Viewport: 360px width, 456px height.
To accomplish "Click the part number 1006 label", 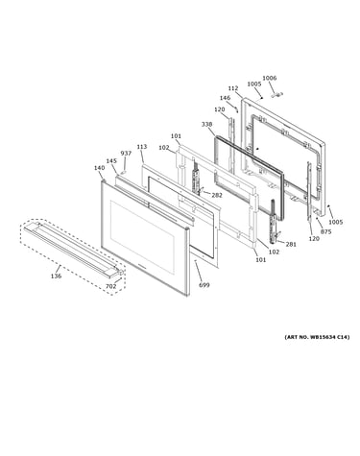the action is (269, 78).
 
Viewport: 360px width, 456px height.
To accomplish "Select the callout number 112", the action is (233, 88).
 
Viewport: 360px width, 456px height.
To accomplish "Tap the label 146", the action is (225, 98).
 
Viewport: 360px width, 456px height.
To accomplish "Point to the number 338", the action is (206, 124).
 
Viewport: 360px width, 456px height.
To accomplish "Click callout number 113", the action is (142, 147).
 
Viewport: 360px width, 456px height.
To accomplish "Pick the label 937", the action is (126, 154).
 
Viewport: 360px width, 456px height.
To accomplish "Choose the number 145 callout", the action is (111, 161).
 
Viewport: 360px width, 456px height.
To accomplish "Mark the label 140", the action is (99, 168).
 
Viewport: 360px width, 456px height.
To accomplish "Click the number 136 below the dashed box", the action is (56, 276).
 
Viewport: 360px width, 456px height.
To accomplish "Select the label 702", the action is (111, 286).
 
